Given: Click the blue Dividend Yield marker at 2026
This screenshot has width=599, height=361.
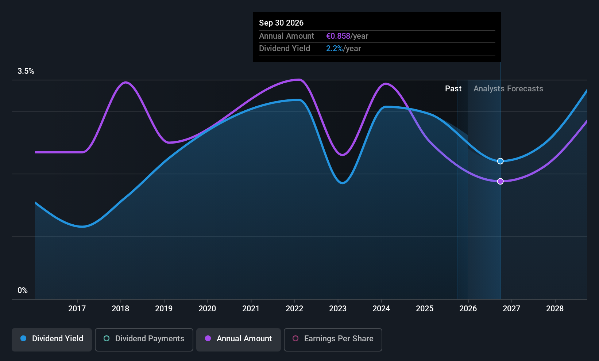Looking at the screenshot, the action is coord(501,161).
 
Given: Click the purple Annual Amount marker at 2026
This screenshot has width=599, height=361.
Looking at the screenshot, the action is coord(501,181).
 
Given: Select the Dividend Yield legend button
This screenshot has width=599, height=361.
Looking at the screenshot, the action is coord(51,339).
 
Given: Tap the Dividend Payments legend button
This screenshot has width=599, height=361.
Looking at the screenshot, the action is coord(144,339).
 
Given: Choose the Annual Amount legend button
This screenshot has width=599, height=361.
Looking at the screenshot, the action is coord(239,339).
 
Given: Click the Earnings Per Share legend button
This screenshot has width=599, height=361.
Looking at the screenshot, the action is coord(333,339).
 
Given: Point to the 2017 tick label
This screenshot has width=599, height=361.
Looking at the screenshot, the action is coord(77,308).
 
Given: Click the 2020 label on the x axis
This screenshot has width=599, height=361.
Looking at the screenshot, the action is coord(207,308).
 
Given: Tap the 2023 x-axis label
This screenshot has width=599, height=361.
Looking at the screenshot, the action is coord(338,308).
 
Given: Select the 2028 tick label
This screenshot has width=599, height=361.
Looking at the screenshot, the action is coord(555,308).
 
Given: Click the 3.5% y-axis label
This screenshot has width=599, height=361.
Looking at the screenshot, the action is coord(26,71).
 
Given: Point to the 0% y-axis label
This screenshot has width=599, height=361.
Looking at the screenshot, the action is coord(23,290).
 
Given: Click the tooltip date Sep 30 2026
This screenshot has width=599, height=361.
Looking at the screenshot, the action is coord(281,23).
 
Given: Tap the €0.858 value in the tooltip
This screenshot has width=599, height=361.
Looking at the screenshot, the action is coord(338,36).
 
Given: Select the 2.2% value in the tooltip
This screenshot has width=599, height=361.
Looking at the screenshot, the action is coord(334,49).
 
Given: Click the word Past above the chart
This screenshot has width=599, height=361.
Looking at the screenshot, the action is coord(453,89).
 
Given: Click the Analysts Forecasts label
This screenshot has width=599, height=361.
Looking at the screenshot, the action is coord(509,89).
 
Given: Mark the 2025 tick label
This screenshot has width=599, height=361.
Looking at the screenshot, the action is coord(425,308).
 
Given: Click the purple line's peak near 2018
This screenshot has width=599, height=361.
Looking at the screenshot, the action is coord(125,82).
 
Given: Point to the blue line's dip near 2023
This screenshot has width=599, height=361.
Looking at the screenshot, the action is coord(343,183).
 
